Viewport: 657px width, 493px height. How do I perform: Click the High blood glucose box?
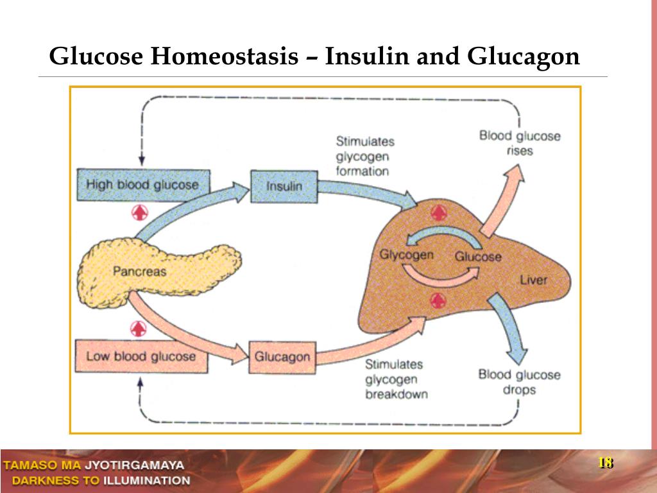(142, 186)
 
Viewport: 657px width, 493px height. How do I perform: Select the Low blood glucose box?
(141, 356)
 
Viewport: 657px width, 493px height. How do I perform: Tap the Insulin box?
(284, 187)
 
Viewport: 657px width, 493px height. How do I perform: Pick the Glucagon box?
(282, 356)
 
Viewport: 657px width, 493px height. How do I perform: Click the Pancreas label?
(139, 271)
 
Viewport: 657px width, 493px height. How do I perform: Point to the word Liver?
(533, 280)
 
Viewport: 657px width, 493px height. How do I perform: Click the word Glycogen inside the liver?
(406, 254)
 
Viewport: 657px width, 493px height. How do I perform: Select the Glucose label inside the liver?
(478, 257)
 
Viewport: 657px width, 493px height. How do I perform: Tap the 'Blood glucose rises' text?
(520, 143)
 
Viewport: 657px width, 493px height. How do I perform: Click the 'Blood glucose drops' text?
(519, 382)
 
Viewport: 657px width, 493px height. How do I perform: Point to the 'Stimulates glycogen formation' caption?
(365, 156)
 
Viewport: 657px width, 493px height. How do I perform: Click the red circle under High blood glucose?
(139, 212)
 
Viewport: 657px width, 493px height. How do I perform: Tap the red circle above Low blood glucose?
(139, 328)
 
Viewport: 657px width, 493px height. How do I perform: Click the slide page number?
(606, 463)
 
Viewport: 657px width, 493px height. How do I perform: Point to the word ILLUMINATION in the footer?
(147, 480)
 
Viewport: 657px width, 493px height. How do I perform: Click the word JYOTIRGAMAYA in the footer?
(134, 465)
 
